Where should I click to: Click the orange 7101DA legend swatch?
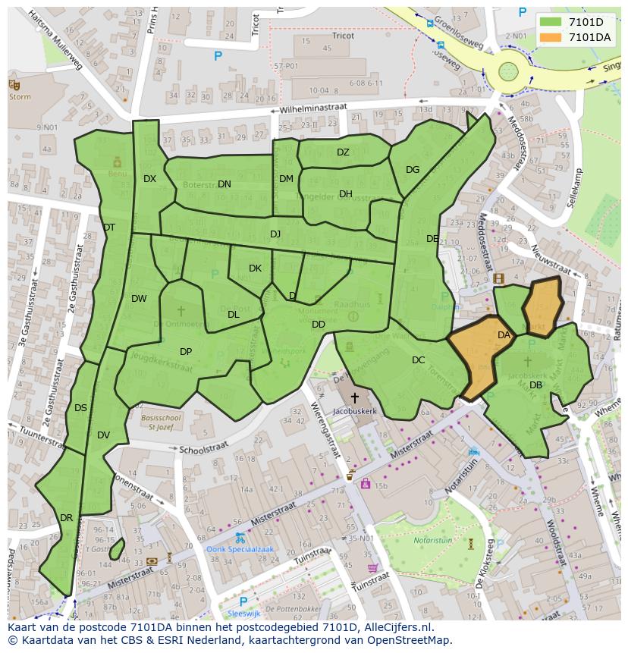click(x=551, y=37)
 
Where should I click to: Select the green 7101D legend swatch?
click(x=551, y=22)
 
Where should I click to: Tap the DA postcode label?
click(x=504, y=334)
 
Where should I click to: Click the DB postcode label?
click(x=535, y=385)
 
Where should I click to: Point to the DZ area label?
click(x=343, y=152)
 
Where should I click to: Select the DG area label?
click(x=413, y=170)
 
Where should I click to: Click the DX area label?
click(x=149, y=179)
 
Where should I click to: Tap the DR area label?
click(x=66, y=518)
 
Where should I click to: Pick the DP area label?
click(x=186, y=352)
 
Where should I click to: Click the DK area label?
click(x=255, y=268)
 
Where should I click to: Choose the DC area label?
click(x=418, y=360)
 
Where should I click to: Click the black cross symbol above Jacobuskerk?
click(x=354, y=397)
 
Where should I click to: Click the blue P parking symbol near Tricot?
click(x=218, y=55)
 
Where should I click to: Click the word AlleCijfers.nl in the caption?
click(x=396, y=627)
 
